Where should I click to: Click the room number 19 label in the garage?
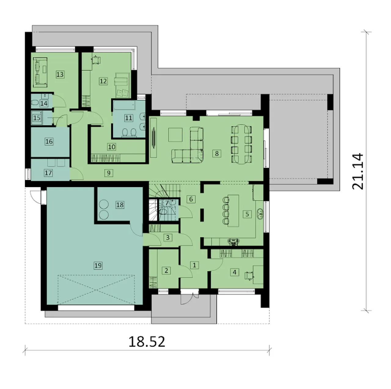click(x=98, y=265)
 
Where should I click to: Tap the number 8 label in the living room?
click(x=217, y=153)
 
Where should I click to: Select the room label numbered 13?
click(x=60, y=75)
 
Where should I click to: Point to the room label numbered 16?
click(x=49, y=141)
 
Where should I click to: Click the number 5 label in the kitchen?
click(x=247, y=214)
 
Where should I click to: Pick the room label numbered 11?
click(x=128, y=118)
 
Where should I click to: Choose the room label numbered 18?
click(x=120, y=205)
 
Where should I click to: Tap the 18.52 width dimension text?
click(x=147, y=342)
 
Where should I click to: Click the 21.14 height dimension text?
click(x=357, y=171)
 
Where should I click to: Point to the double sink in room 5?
click(x=260, y=214)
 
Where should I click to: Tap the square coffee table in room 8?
click(x=175, y=135)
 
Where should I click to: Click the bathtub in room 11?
click(x=124, y=105)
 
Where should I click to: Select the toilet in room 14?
click(x=35, y=103)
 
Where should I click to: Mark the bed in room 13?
click(x=40, y=72)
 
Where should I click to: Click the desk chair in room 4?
click(x=249, y=276)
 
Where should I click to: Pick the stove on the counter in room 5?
click(x=234, y=242)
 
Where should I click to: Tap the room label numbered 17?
click(x=48, y=173)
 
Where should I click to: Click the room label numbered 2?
click(x=166, y=270)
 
